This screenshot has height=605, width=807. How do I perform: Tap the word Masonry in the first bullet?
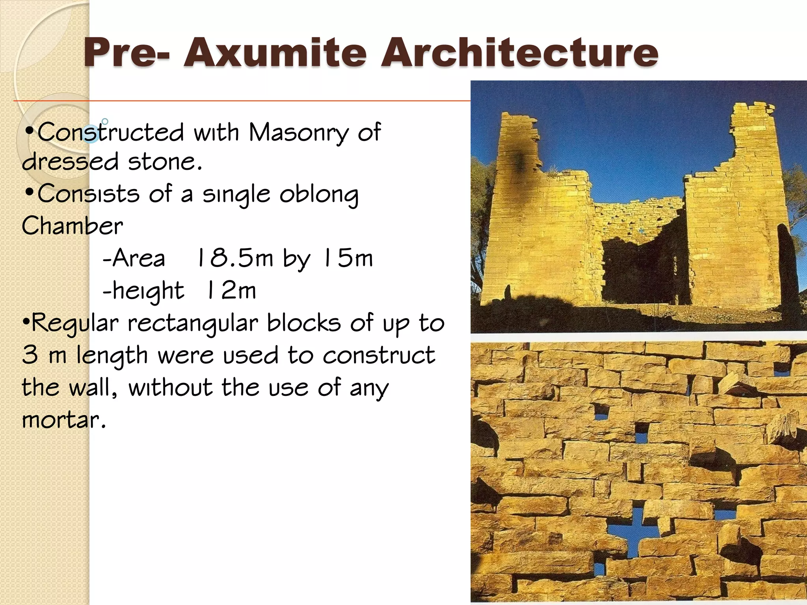[x=298, y=133]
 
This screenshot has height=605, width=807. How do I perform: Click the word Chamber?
[x=73, y=226]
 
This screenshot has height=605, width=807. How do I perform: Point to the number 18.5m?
[x=235, y=258]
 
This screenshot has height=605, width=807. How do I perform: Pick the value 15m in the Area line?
[x=348, y=258]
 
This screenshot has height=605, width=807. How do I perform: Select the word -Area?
[x=134, y=259]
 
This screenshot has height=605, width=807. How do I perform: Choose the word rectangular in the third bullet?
[x=193, y=324]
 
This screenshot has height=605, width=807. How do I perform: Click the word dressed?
[x=70, y=162]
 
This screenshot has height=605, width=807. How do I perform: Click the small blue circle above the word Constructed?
[x=105, y=121]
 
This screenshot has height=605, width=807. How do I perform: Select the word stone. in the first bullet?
[x=165, y=162]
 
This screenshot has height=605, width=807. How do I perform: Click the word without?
[x=170, y=388]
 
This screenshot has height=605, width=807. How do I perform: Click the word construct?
[x=379, y=356]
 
